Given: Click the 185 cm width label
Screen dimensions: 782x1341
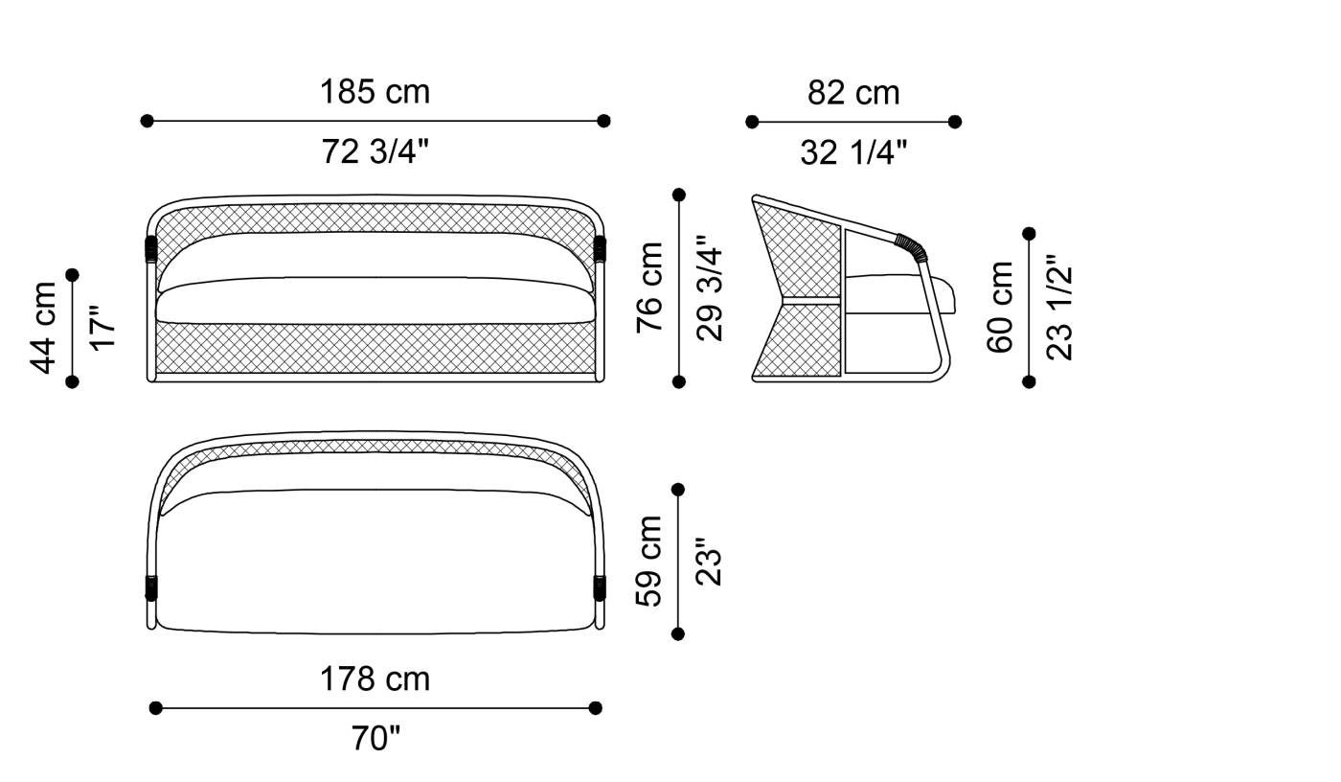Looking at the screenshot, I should tap(375, 92).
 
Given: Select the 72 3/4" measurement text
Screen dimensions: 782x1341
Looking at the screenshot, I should tap(375, 151).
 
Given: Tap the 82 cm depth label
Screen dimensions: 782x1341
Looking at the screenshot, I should tap(853, 93).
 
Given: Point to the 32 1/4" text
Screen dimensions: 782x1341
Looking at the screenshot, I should tap(853, 152).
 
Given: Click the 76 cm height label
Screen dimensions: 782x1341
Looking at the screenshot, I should tap(650, 287).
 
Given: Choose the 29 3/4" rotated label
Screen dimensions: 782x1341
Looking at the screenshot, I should tap(710, 287).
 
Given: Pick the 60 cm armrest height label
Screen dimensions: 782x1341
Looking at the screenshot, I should tap(1000, 307).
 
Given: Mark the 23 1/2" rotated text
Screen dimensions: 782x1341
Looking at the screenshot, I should tap(1059, 307).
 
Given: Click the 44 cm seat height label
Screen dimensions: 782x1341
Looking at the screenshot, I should tap(44, 328).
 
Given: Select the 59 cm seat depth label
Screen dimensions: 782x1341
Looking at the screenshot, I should tap(650, 561).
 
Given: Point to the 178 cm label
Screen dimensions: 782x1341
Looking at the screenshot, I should tap(375, 679).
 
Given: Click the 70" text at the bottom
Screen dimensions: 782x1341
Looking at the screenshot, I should tap(375, 739).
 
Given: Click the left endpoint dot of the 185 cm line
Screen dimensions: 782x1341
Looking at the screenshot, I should tap(147, 121).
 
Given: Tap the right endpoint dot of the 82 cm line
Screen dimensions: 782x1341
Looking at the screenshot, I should tap(955, 122).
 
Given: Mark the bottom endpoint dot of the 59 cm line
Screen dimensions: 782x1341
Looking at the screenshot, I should tap(678, 633).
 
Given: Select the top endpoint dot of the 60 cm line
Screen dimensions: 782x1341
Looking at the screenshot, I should tap(1030, 234).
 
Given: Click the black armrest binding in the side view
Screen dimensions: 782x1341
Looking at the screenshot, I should tap(913, 247).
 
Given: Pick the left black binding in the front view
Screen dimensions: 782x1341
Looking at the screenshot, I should tap(151, 249).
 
